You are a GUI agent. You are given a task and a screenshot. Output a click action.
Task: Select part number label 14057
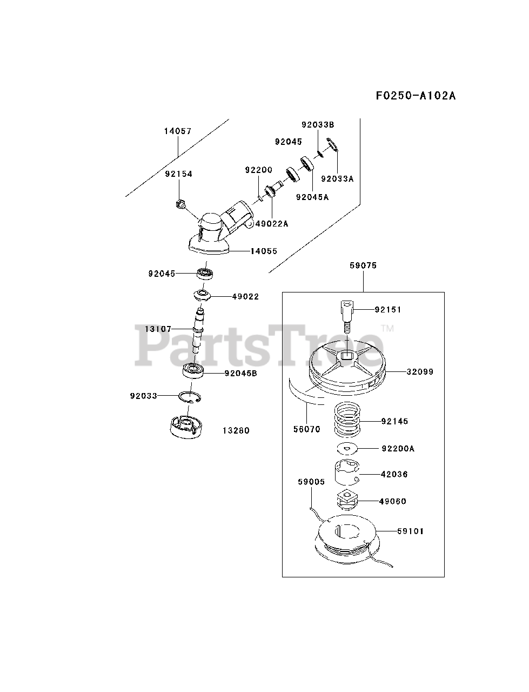pos(178,131)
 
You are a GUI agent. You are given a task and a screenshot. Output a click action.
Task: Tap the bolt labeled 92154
pos(180,204)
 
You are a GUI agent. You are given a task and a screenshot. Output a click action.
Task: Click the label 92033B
pos(318,124)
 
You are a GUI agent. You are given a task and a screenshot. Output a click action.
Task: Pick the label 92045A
pos(312,197)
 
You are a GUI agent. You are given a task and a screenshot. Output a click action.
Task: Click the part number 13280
pos(236,431)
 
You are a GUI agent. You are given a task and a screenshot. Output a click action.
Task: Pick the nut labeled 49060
pos(346,500)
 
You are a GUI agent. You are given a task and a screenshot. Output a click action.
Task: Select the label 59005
pos(311,481)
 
